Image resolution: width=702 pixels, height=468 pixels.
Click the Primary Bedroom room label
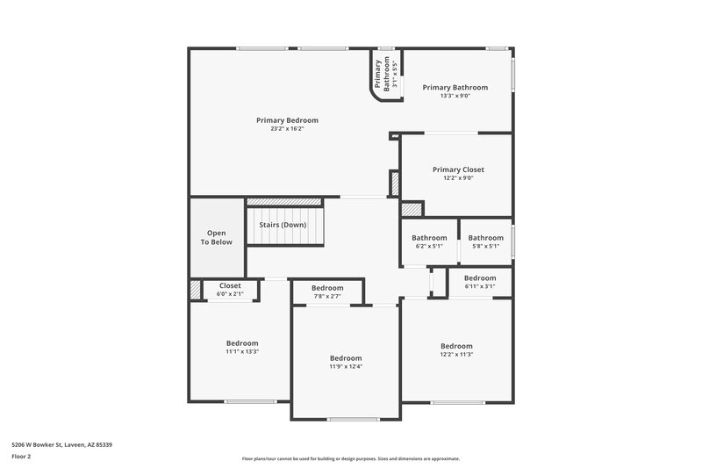[x=287, y=120]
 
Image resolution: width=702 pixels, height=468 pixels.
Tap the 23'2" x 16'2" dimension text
[x=287, y=129]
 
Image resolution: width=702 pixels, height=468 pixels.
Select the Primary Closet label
[x=458, y=169]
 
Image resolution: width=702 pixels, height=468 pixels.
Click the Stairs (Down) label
[x=283, y=225]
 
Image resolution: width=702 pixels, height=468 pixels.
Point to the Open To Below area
[x=216, y=237]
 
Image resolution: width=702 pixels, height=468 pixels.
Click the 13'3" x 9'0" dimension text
[x=455, y=96]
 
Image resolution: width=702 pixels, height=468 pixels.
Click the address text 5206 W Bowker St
[x=61, y=444]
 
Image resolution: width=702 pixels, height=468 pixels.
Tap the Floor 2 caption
[x=21, y=457]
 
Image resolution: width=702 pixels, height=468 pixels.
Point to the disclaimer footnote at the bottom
[x=350, y=458]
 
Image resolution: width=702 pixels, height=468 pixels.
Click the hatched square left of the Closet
[x=195, y=290]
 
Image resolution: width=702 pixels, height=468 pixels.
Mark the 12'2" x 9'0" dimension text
[x=458, y=178]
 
